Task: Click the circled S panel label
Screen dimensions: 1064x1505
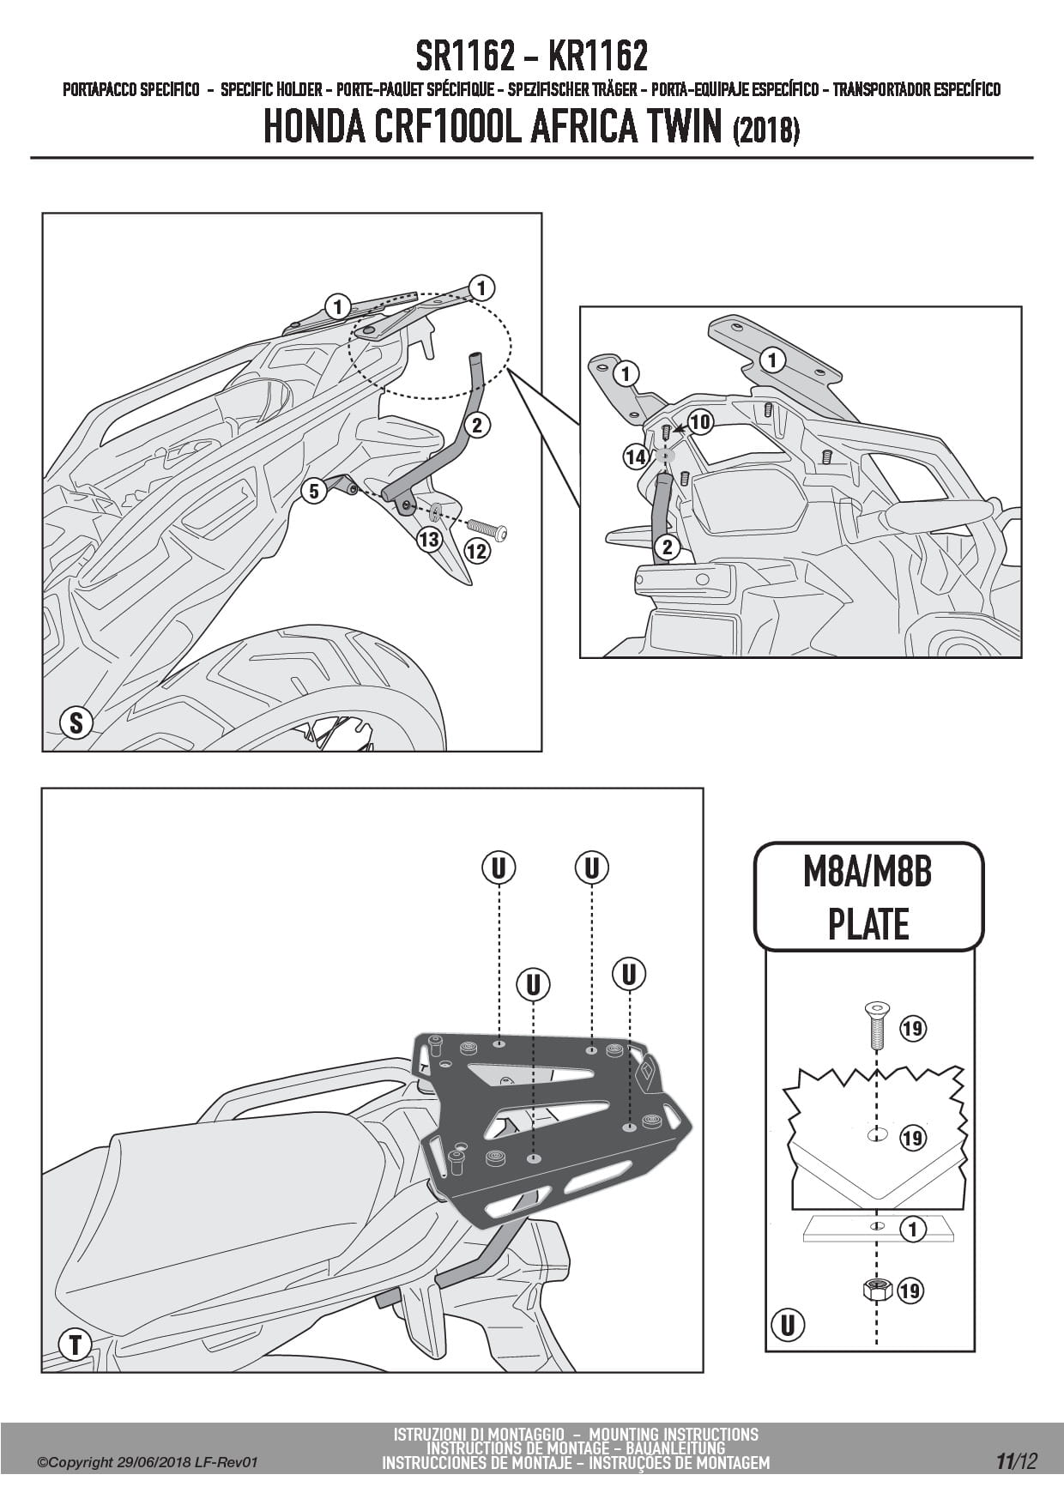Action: pyautogui.click(x=76, y=722)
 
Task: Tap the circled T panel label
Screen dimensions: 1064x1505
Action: pyautogui.click(x=76, y=1344)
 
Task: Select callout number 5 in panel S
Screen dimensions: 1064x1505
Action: pyautogui.click(x=314, y=491)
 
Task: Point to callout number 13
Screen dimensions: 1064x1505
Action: pyautogui.click(x=428, y=539)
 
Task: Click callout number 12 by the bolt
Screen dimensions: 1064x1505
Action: pyautogui.click(x=476, y=550)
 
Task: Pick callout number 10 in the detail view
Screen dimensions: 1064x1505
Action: pyautogui.click(x=700, y=421)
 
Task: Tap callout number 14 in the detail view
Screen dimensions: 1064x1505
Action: pyautogui.click(x=636, y=456)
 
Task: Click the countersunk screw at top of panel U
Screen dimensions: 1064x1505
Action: pyautogui.click(x=876, y=1024)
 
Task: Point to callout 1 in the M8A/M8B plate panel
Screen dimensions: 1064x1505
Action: pyautogui.click(x=912, y=1229)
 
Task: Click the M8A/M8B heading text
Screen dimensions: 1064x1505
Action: pyautogui.click(x=868, y=872)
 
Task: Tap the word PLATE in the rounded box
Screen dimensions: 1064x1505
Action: pyautogui.click(x=868, y=924)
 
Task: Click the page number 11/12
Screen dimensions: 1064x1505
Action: pyautogui.click(x=1016, y=1461)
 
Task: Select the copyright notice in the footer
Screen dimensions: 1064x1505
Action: pyautogui.click(x=148, y=1462)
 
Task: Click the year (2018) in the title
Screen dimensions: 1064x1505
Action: pyautogui.click(x=766, y=130)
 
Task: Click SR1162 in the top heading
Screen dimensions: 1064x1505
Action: pyautogui.click(x=466, y=57)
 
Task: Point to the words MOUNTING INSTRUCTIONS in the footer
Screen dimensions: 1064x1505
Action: pyautogui.click(x=674, y=1434)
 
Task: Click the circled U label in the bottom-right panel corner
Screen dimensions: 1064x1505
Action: pyautogui.click(x=787, y=1325)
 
